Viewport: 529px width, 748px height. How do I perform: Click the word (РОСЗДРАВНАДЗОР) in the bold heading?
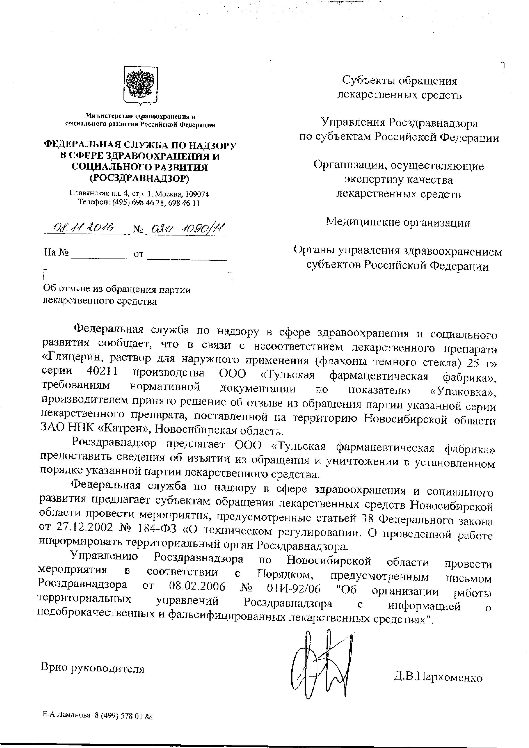(x=140, y=178)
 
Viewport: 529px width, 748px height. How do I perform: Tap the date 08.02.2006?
(x=197, y=587)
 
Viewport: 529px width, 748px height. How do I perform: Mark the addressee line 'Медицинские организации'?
(x=398, y=222)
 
